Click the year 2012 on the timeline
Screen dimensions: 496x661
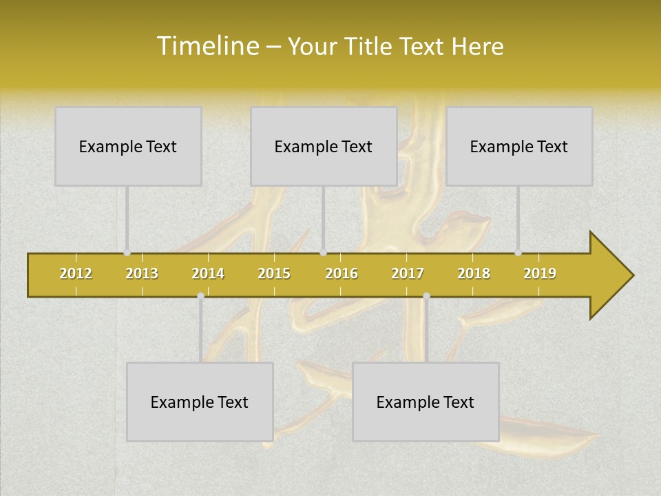coord(76,273)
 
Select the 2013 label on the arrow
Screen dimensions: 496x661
coord(142,273)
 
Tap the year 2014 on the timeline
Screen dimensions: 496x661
coord(208,273)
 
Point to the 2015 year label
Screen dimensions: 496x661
coord(274,273)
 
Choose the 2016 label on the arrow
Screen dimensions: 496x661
coord(342,273)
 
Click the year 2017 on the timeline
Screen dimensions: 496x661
coord(408,273)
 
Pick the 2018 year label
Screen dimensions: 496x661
coord(474,273)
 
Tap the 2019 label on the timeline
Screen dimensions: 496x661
coord(540,273)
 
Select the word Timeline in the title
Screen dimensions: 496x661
coord(207,46)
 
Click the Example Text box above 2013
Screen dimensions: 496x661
coord(128,146)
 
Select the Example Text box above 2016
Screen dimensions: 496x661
coord(324,146)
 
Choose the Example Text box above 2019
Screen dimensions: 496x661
coord(519,146)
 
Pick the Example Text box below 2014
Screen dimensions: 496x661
coord(200,402)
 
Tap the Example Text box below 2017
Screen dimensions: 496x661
coord(426,402)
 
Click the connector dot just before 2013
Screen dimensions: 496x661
coord(127,253)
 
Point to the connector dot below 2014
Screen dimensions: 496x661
coord(200,296)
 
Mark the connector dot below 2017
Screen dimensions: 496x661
coord(426,296)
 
